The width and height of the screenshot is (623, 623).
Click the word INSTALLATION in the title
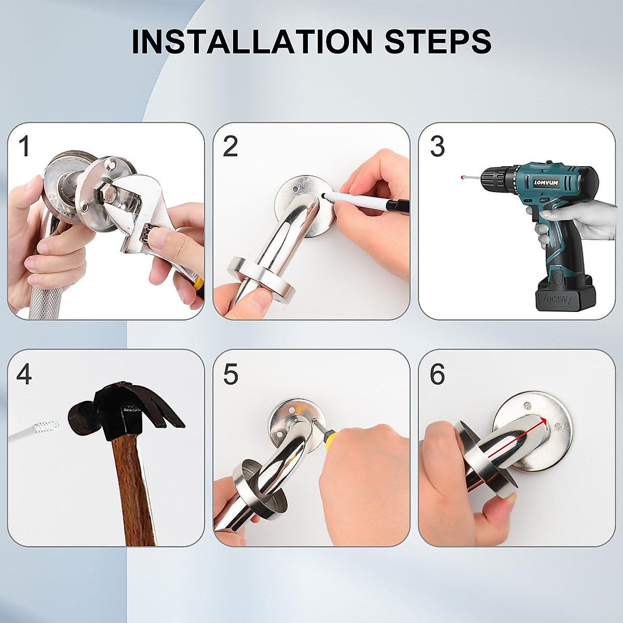click(x=252, y=42)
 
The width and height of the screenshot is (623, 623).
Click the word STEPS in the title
click(x=438, y=42)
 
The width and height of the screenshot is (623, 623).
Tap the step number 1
click(x=24, y=146)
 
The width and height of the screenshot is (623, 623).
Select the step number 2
click(x=230, y=146)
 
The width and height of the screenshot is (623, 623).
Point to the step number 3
click(x=437, y=146)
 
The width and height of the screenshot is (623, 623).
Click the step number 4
click(x=24, y=374)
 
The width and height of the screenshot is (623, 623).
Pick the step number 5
click(x=230, y=374)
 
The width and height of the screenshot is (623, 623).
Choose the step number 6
click(x=437, y=374)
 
